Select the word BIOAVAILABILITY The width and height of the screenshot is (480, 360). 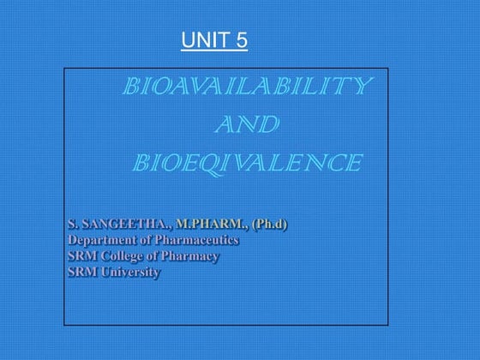pyautogui.click(x=248, y=87)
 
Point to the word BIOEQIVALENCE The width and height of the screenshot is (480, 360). pyautogui.click(x=247, y=161)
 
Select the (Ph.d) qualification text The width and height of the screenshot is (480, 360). pyautogui.click(x=270, y=224)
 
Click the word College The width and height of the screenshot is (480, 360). pyautogui.click(x=122, y=256)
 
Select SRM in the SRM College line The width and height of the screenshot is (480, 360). pyautogui.click(x=81, y=256)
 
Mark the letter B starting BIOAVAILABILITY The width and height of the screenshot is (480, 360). pyautogui.click(x=133, y=87)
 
